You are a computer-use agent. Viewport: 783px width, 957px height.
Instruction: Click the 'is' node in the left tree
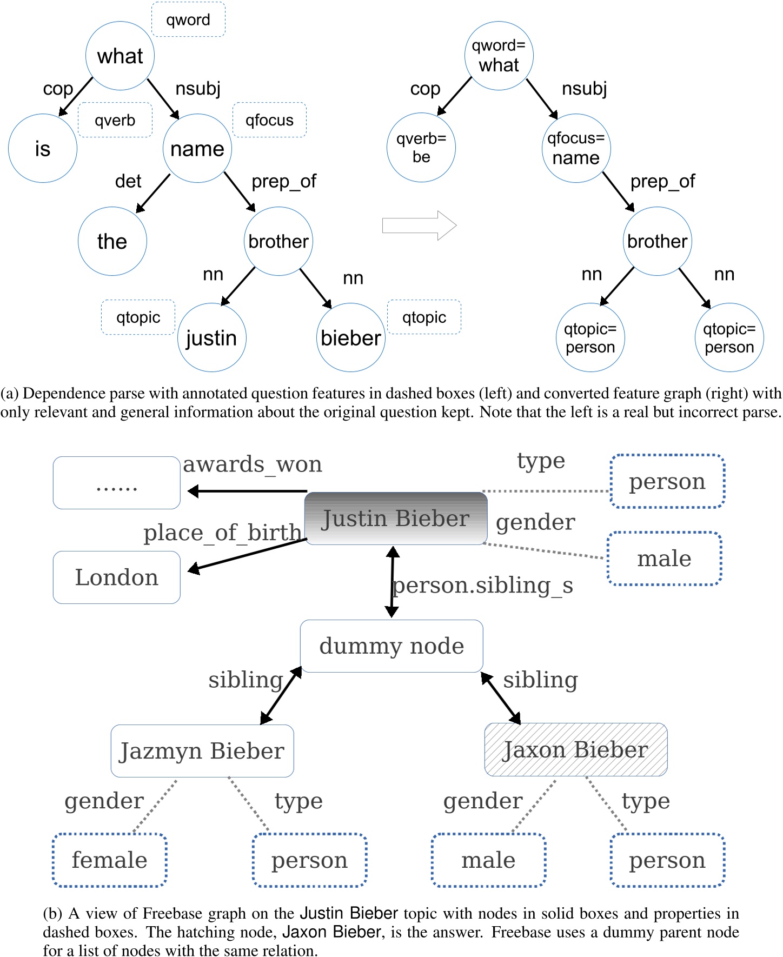click(43, 148)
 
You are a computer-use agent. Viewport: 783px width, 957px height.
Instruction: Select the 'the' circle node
click(112, 241)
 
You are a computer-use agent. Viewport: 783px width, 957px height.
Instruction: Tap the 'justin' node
click(211, 337)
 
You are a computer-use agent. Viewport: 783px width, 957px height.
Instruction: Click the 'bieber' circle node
click(351, 337)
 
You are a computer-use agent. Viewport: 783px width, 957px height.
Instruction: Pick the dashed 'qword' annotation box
click(188, 20)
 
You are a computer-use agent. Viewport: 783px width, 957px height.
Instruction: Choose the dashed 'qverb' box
click(115, 120)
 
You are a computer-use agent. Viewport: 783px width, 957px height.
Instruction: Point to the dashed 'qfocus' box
click(269, 120)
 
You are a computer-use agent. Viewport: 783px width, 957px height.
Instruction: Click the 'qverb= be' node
click(421, 148)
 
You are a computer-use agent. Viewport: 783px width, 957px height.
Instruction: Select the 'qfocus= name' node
click(576, 148)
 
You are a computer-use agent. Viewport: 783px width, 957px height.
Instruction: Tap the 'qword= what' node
click(499, 55)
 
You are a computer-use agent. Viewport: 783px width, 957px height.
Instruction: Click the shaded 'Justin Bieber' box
click(396, 518)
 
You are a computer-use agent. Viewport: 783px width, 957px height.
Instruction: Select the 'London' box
click(117, 577)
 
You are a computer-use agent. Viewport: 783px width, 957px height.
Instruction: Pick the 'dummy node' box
click(391, 646)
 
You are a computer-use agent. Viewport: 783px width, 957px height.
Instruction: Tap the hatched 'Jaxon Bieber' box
click(576, 749)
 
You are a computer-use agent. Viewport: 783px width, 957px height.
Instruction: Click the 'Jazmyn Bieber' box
click(202, 750)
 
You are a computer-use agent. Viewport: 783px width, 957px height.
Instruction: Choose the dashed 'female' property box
click(110, 860)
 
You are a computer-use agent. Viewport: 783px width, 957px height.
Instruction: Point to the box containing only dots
click(117, 483)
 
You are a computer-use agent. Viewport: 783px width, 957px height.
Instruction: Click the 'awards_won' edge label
click(253, 464)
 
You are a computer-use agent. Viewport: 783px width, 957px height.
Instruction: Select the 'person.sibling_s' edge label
click(482, 585)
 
